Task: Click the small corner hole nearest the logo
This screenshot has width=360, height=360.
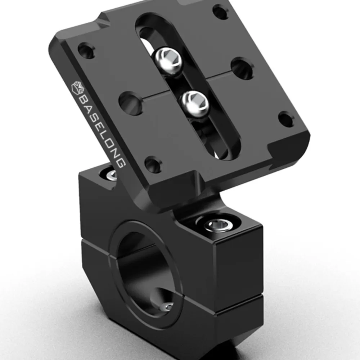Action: (86, 50)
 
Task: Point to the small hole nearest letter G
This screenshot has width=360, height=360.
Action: (153, 164)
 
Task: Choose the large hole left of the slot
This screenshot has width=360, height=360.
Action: (131, 103)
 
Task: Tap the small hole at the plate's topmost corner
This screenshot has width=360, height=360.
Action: (220, 12)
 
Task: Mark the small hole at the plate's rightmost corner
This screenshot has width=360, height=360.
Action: (287, 119)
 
